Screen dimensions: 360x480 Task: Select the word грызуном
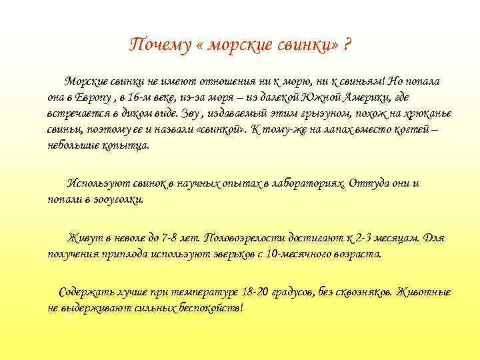309,113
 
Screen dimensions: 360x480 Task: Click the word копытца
127,145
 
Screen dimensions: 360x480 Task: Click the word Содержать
85,292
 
